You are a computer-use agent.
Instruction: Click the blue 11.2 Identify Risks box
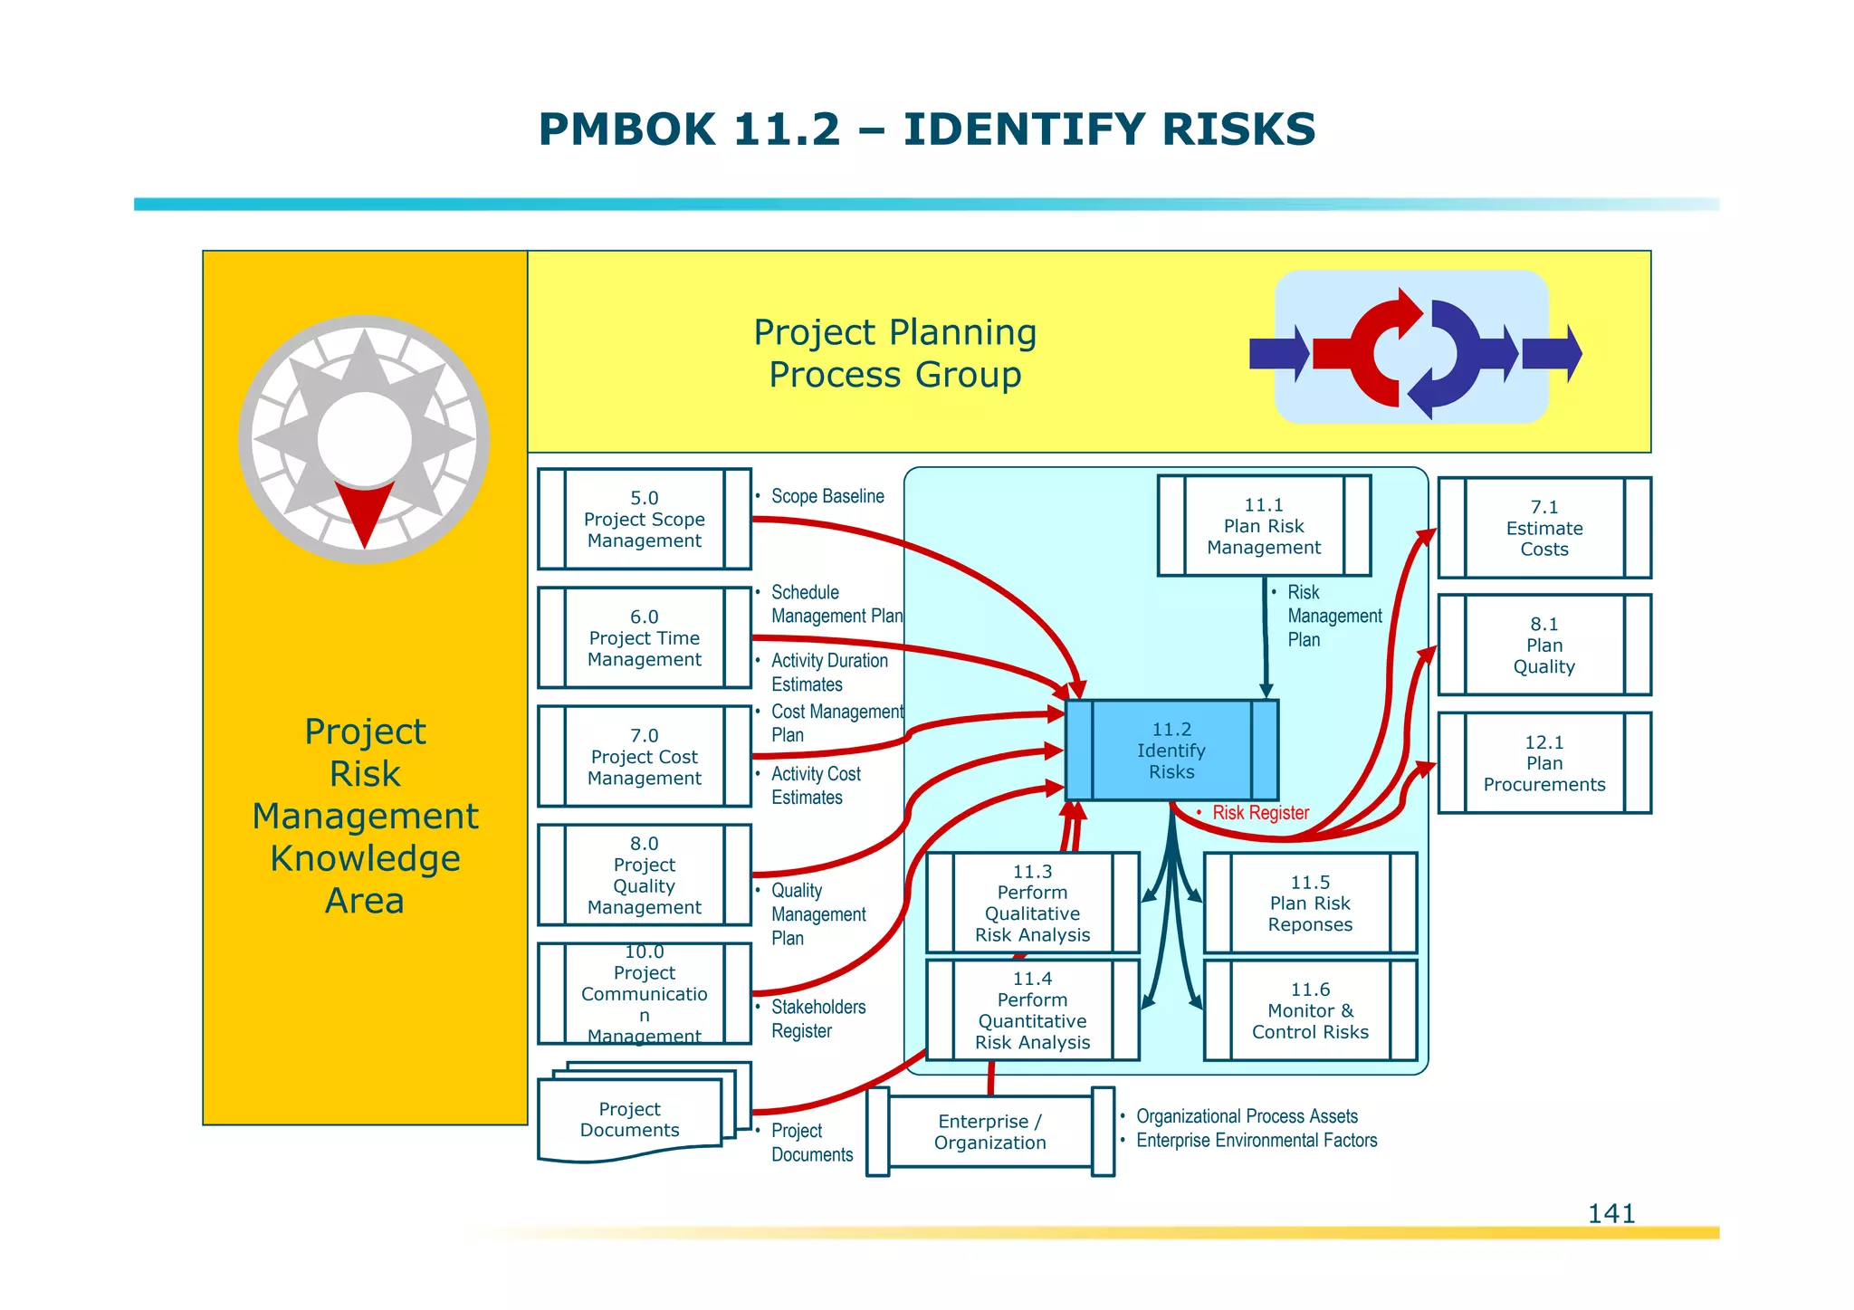pos(1171,751)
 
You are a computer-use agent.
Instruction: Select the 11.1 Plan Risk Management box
pos(1264,526)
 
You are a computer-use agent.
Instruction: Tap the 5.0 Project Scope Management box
pos(644,519)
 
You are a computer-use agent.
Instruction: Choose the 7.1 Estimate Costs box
pos(1543,528)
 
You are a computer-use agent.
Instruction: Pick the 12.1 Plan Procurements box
pos(1543,763)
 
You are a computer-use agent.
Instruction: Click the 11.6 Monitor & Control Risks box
pos(1310,1010)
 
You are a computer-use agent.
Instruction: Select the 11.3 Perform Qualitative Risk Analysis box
pos(1032,903)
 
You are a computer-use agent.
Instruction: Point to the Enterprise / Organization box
pos(989,1132)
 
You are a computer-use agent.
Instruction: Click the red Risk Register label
pos(1260,813)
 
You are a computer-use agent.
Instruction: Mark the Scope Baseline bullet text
pos(827,496)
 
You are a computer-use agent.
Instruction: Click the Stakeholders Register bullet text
pos(817,1018)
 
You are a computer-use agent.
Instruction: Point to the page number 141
pos(1610,1213)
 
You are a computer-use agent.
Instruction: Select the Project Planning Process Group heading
pos(894,353)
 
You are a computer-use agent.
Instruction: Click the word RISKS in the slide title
pos(1238,129)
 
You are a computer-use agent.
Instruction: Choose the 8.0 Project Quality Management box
pos(644,875)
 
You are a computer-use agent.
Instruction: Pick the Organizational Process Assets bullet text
pos(1247,1116)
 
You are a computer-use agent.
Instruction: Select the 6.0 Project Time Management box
pos(644,638)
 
